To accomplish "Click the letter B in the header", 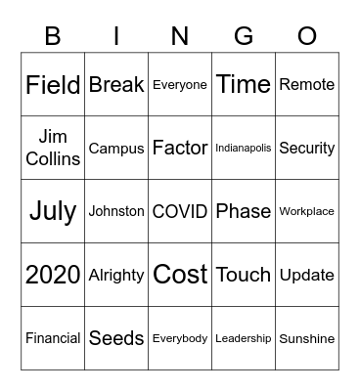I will (53, 36).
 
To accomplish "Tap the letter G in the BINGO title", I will (244, 36).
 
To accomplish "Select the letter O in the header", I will (307, 36).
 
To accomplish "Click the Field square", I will (53, 85).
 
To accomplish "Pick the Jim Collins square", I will (53, 148).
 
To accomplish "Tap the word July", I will (53, 211).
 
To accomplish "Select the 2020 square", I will (53, 275).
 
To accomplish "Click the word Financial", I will (53, 338).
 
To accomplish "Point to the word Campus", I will (116, 149).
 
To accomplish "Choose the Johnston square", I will (116, 211).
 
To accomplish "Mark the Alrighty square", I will (116, 276).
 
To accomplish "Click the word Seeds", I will (116, 338).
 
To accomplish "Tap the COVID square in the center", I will (180, 211).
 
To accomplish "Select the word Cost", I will (180, 275).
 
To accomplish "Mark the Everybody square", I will (180, 338).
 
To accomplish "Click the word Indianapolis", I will (244, 149).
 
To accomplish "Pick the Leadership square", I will (244, 338).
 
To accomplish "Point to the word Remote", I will (307, 85).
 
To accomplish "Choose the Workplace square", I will (307, 211).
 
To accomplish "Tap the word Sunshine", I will (307, 338).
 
